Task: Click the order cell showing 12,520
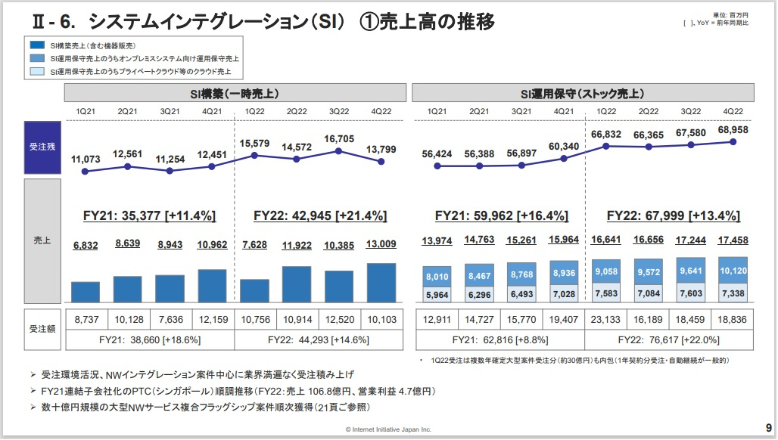(339, 320)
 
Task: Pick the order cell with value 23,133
(605, 320)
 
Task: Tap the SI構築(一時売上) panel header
(234, 94)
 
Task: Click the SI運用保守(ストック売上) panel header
(582, 94)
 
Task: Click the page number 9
(767, 427)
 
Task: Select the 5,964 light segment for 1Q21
(437, 294)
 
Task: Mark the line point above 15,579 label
(255, 155)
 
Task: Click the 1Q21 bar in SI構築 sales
(86, 292)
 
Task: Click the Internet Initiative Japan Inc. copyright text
(388, 429)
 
